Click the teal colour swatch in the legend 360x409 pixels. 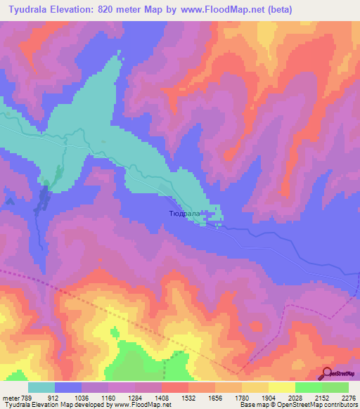[x=41, y=387]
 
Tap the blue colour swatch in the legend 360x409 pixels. [x=68, y=387]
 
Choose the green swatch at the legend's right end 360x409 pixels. [x=335, y=387]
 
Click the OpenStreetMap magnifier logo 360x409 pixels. [x=326, y=374]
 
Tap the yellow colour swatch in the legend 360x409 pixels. [x=282, y=387]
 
